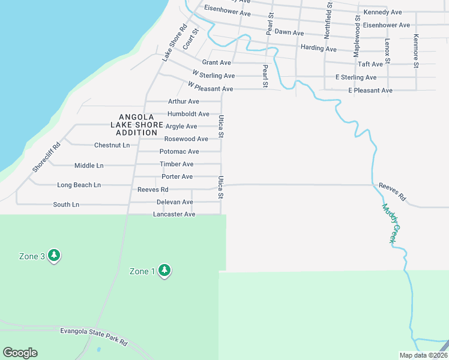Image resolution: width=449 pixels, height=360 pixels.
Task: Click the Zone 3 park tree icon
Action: (54, 256)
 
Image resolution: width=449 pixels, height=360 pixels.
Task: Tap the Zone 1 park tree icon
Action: (164, 271)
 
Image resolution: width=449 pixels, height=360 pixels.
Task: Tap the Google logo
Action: (20, 353)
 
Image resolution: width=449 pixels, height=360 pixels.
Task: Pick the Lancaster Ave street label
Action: (174, 214)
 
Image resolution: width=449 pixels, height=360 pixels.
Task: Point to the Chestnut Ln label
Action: (112, 145)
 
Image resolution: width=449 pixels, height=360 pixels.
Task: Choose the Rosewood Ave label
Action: (186, 139)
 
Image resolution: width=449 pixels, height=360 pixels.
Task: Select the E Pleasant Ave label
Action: (370, 91)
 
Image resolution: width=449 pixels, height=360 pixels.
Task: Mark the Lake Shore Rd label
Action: (175, 42)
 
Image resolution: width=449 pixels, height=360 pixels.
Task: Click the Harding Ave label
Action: (319, 49)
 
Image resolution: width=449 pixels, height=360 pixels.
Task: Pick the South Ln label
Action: (66, 205)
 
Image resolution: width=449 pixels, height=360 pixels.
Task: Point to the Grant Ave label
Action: (217, 62)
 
